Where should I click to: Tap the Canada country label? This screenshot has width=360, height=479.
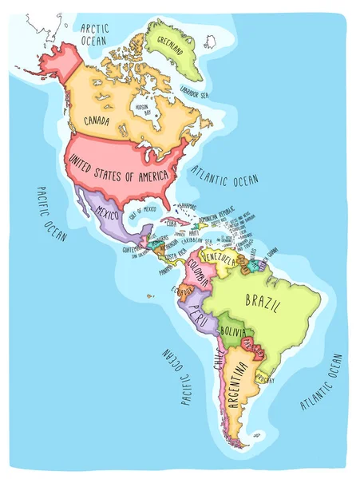[x=102, y=122]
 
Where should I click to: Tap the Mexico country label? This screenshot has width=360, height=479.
[x=107, y=212]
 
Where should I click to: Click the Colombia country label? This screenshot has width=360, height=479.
[x=200, y=276]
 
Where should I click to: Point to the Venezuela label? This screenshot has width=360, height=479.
[x=220, y=260]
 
